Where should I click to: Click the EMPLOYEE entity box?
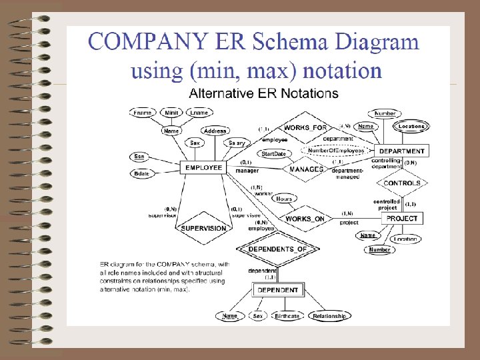tap(203, 167)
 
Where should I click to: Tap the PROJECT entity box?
tap(402, 218)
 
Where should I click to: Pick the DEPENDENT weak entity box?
tap(279, 290)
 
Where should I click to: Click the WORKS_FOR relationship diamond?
tap(305, 127)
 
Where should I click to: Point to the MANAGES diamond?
tap(306, 169)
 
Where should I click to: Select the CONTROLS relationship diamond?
tap(402, 183)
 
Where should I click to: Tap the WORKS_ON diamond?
tap(305, 219)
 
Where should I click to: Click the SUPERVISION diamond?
tap(203, 228)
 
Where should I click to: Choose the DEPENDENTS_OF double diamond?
tap(277, 249)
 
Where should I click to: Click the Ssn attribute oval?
tap(139, 157)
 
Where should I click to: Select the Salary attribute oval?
tap(237, 143)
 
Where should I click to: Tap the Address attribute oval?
tap(215, 131)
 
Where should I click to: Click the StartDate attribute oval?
tap(273, 154)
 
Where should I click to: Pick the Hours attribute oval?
tap(283, 199)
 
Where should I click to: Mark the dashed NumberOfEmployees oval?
tap(336, 151)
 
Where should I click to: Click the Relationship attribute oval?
tap(329, 316)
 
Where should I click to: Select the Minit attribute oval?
tap(171, 113)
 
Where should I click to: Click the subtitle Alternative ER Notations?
tap(263, 93)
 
